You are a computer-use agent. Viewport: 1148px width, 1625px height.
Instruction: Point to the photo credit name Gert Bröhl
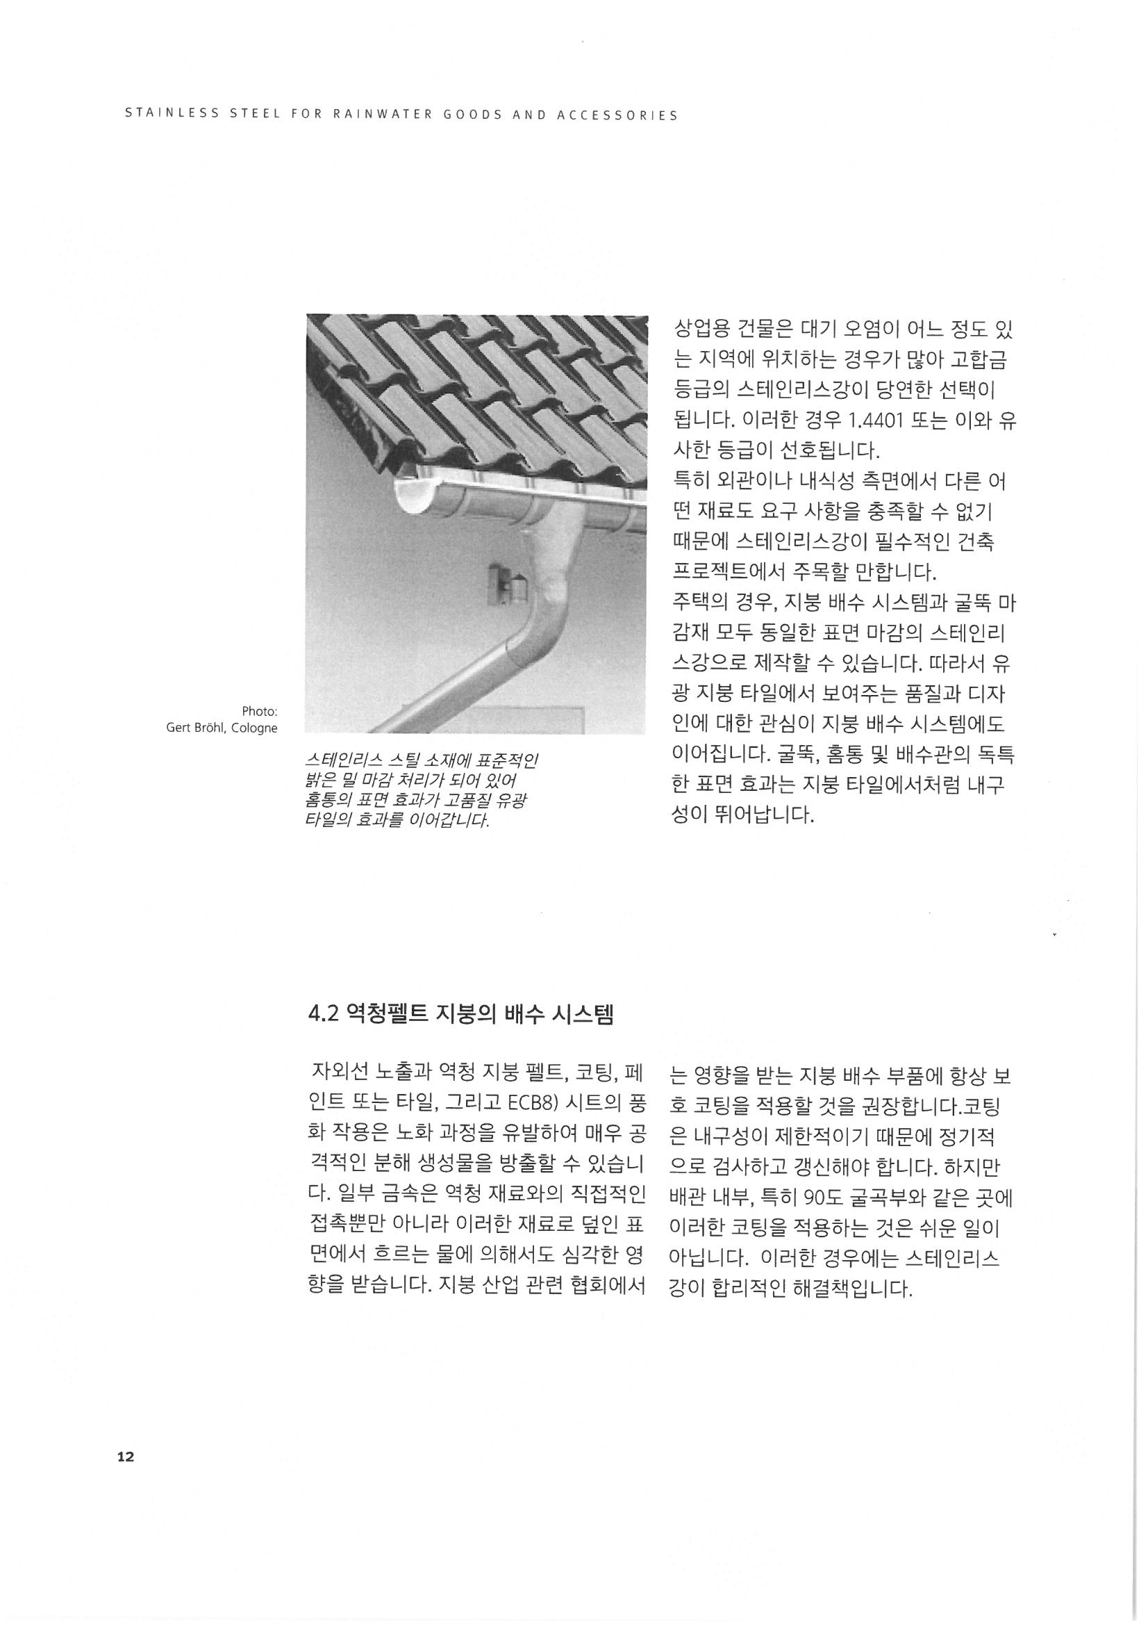197,728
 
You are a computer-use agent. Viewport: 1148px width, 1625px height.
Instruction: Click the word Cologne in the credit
255,728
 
